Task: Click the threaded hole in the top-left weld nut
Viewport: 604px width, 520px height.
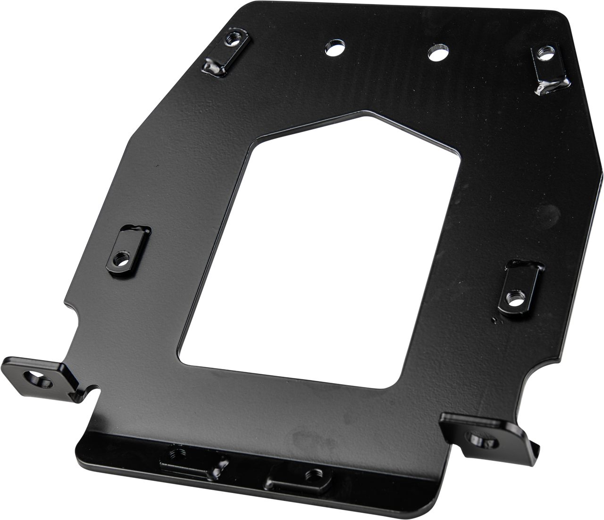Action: pyautogui.click(x=233, y=36)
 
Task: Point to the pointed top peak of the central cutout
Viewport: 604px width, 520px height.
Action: pyautogui.click(x=364, y=113)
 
